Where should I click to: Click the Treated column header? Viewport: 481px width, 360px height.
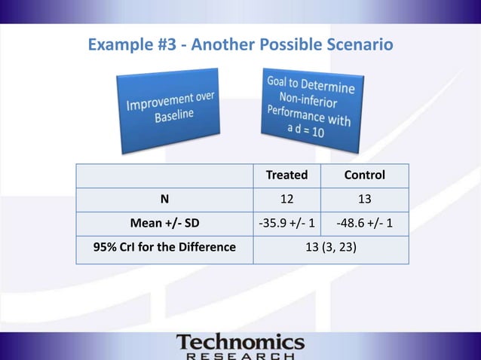286,175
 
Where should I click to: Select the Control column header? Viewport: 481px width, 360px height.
364,175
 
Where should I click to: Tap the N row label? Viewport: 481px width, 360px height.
164,200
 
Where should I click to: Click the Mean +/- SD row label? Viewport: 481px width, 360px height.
164,224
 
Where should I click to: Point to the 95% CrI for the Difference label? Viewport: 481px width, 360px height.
164,247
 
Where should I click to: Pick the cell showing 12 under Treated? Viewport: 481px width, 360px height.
286,200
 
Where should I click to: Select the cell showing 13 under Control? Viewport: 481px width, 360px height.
364,200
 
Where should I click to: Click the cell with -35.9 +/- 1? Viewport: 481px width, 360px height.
286,224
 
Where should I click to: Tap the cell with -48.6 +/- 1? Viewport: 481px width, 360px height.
364,224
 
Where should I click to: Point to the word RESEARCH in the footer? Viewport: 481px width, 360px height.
240,355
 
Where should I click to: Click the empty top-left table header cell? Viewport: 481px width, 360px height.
164,175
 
